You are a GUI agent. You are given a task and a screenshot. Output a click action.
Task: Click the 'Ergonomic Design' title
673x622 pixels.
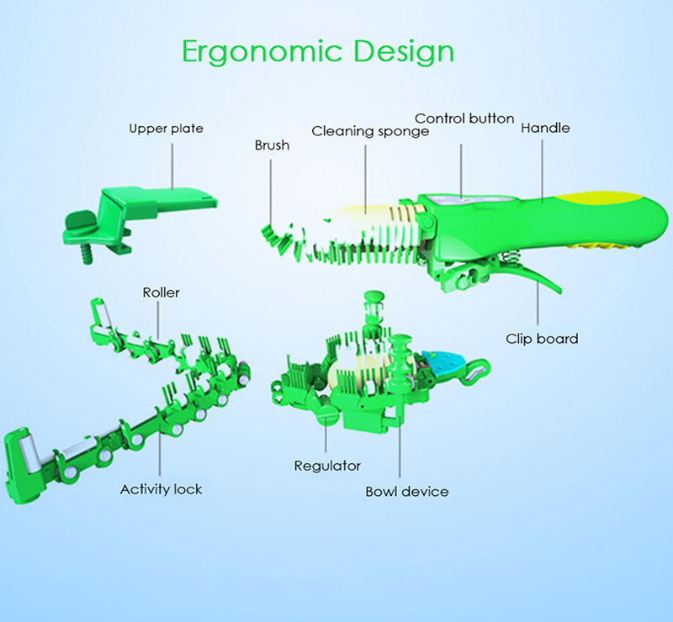pyautogui.click(x=318, y=51)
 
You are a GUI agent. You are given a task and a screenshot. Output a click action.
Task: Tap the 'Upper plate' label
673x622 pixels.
pyautogui.click(x=166, y=129)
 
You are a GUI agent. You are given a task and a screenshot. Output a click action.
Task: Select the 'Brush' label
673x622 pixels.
pyautogui.click(x=272, y=145)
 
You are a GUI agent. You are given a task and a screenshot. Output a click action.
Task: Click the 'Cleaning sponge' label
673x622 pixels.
pyautogui.click(x=370, y=131)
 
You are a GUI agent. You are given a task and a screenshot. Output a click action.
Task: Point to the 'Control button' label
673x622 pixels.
pyautogui.click(x=464, y=119)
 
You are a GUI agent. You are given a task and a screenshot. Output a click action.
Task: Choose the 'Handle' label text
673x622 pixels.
pyautogui.click(x=545, y=129)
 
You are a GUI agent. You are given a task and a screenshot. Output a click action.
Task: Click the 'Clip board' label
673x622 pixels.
pyautogui.click(x=542, y=339)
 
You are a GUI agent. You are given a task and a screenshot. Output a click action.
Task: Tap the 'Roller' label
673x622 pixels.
pyautogui.click(x=161, y=293)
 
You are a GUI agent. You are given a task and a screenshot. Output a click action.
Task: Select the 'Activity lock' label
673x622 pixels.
pyautogui.click(x=161, y=489)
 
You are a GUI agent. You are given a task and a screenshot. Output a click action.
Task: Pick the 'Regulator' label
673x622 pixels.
pyautogui.click(x=327, y=466)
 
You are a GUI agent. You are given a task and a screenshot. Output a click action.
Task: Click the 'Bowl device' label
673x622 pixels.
pyautogui.click(x=407, y=491)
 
